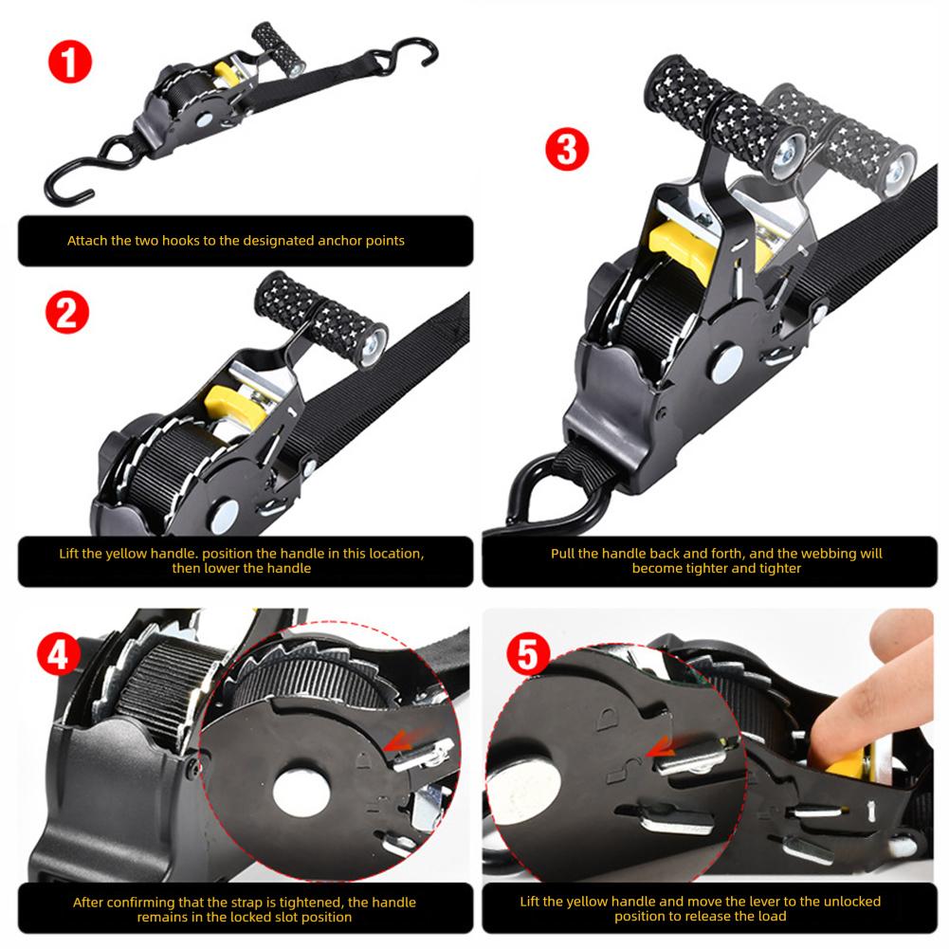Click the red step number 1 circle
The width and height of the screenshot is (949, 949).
pyautogui.click(x=72, y=64)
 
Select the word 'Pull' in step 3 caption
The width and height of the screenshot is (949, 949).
pyautogui.click(x=566, y=553)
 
